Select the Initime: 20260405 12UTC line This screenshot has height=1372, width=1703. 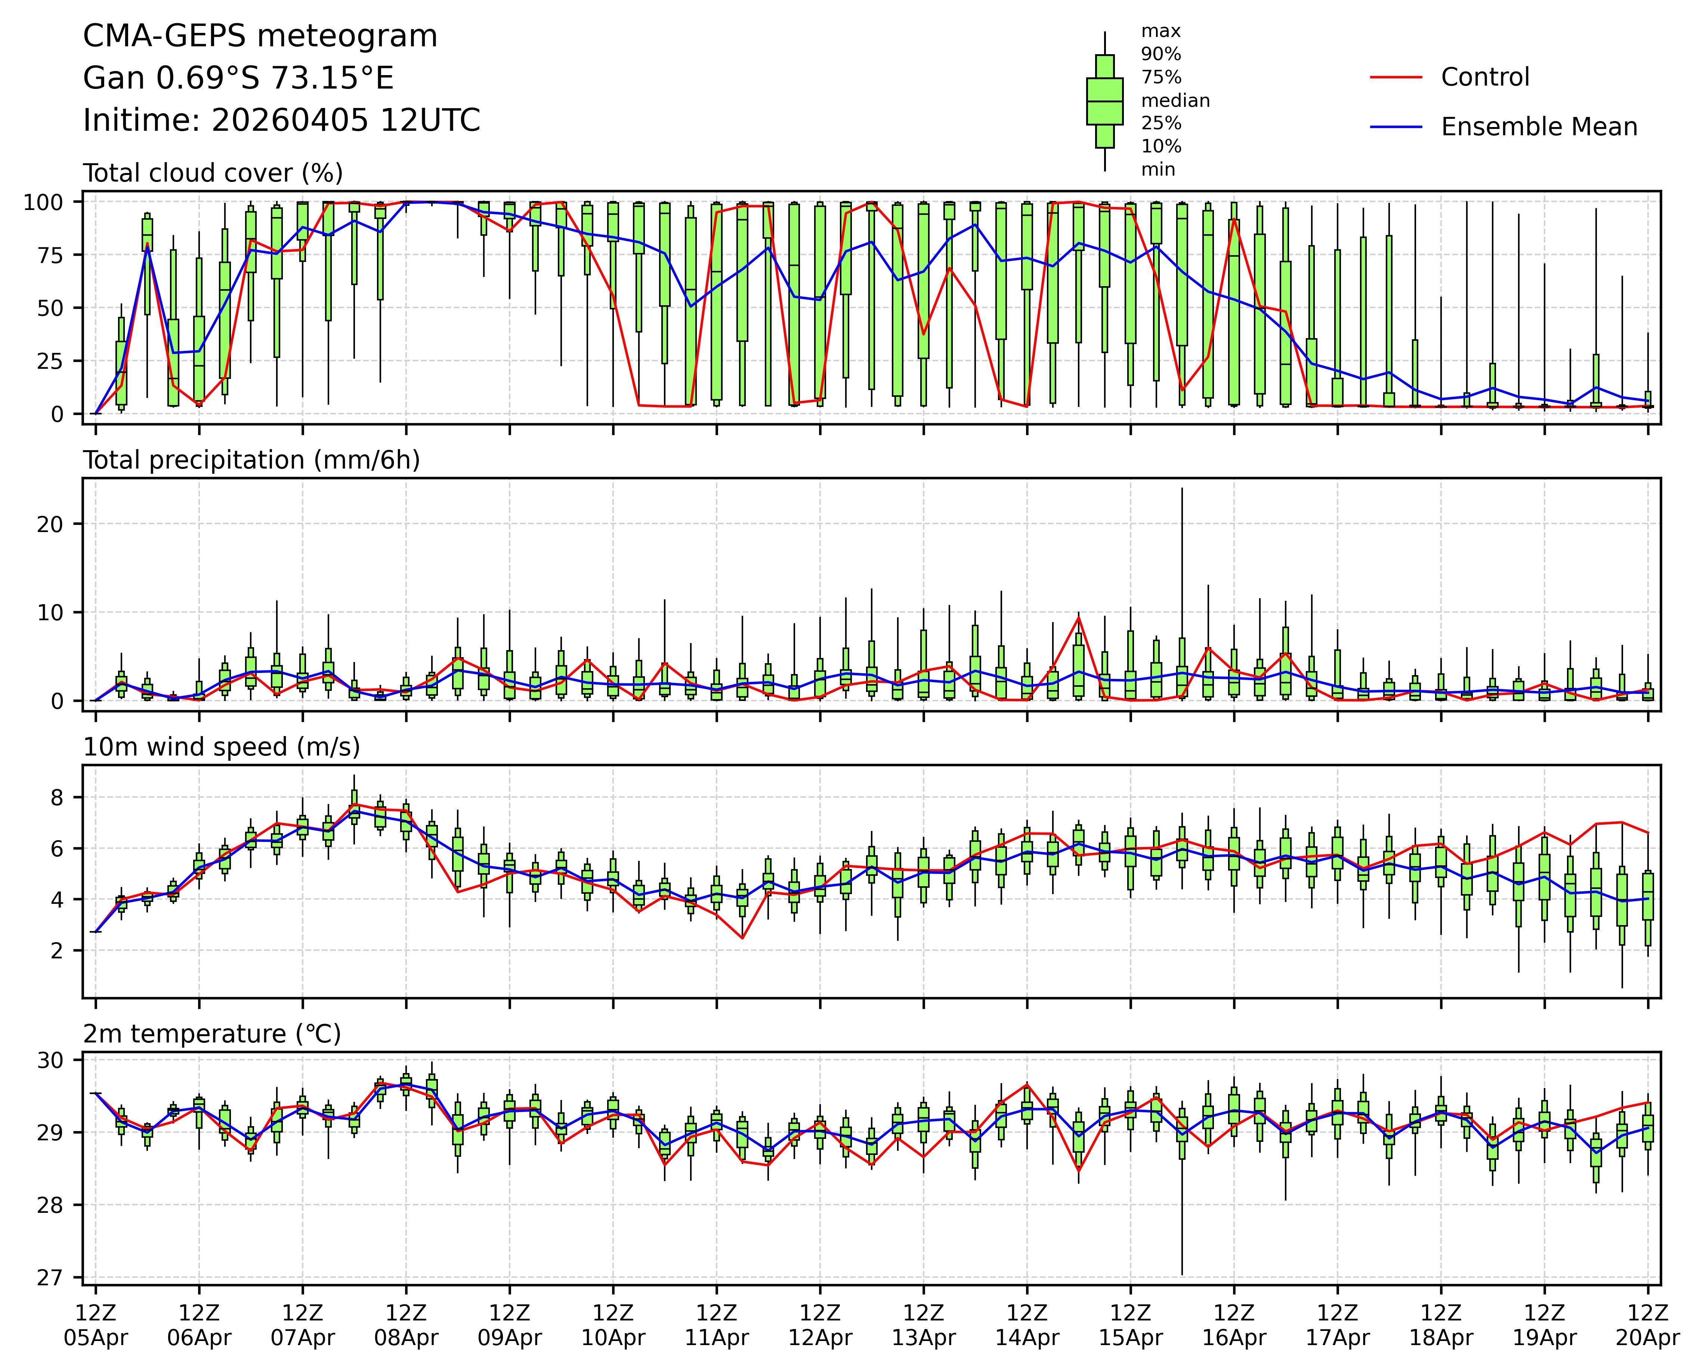point(281,120)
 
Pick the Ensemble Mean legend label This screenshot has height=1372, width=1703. point(1539,127)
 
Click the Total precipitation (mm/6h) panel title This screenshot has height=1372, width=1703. point(251,460)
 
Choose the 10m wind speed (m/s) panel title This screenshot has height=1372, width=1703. point(221,747)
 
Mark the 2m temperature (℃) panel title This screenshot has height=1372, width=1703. point(212,1034)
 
